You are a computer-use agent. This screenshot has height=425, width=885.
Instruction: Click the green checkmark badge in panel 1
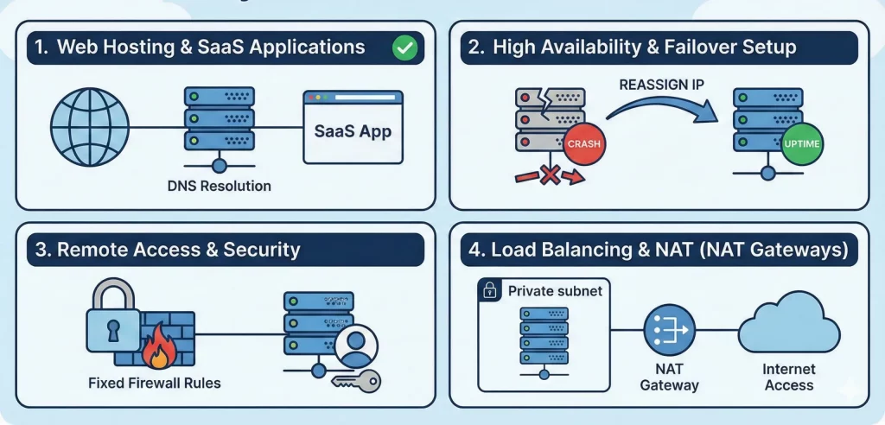click(404, 48)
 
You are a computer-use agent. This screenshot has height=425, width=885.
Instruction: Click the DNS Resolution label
click(220, 186)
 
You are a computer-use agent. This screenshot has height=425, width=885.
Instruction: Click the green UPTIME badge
click(801, 143)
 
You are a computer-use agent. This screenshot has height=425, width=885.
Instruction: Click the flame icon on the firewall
click(159, 351)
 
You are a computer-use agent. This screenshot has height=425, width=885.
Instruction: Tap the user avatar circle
click(352, 346)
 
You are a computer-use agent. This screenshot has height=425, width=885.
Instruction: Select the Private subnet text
click(555, 291)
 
